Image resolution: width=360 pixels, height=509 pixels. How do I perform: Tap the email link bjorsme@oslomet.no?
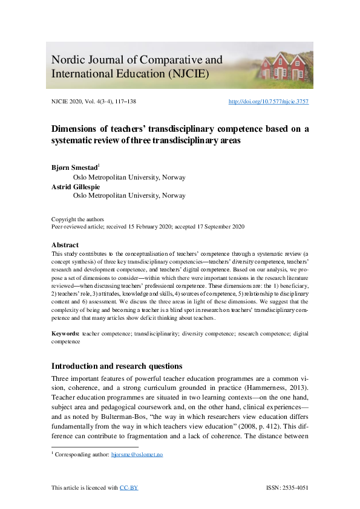(137, 454)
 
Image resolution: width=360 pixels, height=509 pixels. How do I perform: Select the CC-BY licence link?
(129, 487)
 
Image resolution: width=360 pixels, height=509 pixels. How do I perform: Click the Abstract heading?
(66, 245)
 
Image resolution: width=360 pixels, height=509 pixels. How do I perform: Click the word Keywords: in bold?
(65, 333)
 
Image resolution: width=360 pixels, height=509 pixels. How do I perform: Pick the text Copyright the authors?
(77, 219)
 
